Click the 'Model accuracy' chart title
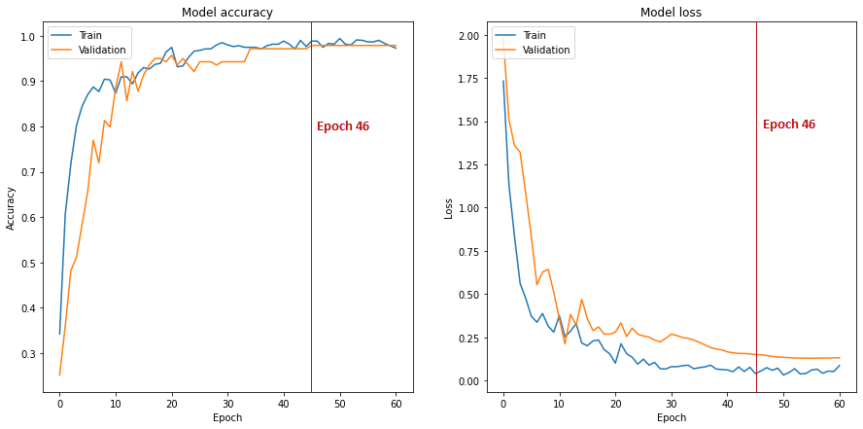pos(227,13)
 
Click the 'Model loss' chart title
pos(671,13)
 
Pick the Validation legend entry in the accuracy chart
pos(88,51)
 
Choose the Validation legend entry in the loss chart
pos(532,50)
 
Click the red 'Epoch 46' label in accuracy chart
pos(343,126)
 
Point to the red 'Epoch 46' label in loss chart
pos(789,125)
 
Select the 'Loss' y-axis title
pos(449,208)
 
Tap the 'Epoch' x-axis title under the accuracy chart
pos(227,418)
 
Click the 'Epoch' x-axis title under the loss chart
pos(672,418)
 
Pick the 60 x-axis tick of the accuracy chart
pos(397,403)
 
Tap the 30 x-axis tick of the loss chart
pos(672,403)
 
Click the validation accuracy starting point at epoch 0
pos(59,375)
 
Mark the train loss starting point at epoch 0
pos(503,81)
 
